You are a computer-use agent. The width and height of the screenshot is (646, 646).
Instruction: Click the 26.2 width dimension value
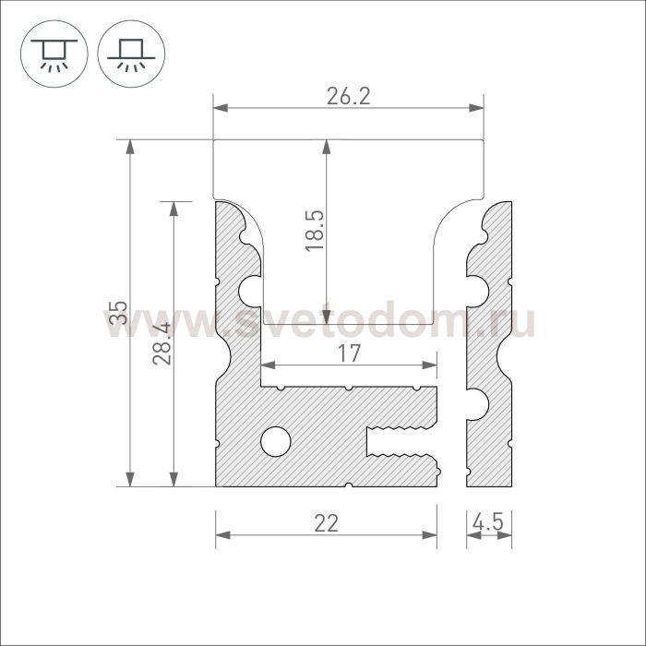pyautogui.click(x=349, y=97)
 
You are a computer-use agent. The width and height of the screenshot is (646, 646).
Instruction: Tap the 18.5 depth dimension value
pyautogui.click(x=315, y=231)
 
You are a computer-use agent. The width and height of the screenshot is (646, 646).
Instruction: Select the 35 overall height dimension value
pyautogui.click(x=119, y=313)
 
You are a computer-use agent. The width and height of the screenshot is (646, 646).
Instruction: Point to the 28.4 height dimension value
pyautogui.click(x=161, y=344)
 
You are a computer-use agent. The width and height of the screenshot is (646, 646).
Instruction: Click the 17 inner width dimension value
pyautogui.click(x=350, y=353)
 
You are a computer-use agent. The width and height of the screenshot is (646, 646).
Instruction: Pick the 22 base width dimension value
pyautogui.click(x=326, y=523)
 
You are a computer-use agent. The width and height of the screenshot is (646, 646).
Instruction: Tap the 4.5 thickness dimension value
pyautogui.click(x=488, y=523)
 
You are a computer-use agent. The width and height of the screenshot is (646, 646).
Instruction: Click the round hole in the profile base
pyautogui.click(x=276, y=441)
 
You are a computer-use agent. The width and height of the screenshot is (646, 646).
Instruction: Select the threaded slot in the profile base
pyautogui.click(x=401, y=442)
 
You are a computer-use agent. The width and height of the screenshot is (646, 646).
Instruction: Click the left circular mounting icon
pyautogui.click(x=54, y=54)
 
